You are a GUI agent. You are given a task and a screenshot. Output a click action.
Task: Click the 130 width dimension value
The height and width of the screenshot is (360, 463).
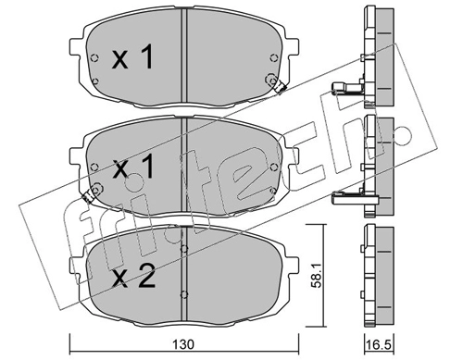[x=183, y=344]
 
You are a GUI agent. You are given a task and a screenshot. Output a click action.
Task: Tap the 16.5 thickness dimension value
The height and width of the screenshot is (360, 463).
[x=379, y=344]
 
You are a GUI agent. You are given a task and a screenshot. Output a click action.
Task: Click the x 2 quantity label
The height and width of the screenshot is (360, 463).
[x=133, y=278]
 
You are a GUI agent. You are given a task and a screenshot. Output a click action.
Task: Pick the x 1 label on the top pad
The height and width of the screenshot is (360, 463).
[x=132, y=56]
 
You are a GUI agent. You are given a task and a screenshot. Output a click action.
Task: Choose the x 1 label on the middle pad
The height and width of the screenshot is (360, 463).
[x=133, y=167]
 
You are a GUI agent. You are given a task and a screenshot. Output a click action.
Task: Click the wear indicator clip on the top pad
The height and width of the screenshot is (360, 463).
[x=280, y=87]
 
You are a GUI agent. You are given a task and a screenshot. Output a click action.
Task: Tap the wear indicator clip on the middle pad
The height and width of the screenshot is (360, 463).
[x=88, y=196]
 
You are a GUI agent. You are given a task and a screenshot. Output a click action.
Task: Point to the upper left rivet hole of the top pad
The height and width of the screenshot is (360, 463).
[x=94, y=57]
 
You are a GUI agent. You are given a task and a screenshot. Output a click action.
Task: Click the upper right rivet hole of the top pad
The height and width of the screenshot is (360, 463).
[x=273, y=57]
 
